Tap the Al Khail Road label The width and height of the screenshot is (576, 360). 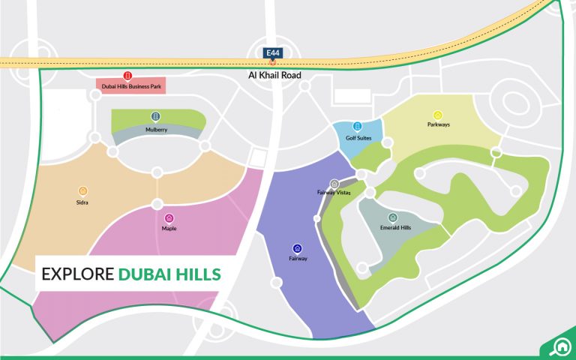(274, 76)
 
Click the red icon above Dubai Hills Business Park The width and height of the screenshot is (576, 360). (127, 76)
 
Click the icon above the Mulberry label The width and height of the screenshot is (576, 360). (155, 117)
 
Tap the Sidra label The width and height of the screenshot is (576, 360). (82, 202)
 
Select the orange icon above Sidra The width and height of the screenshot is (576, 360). (82, 190)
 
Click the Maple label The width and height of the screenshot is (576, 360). (169, 228)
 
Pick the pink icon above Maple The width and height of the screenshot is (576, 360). (169, 217)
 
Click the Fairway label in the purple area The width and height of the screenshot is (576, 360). (298, 259)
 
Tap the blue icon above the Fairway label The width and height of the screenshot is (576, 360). (298, 248)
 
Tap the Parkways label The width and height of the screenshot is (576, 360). (439, 124)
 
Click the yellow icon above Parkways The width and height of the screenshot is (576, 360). (438, 114)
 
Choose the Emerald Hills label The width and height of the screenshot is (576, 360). (395, 228)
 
